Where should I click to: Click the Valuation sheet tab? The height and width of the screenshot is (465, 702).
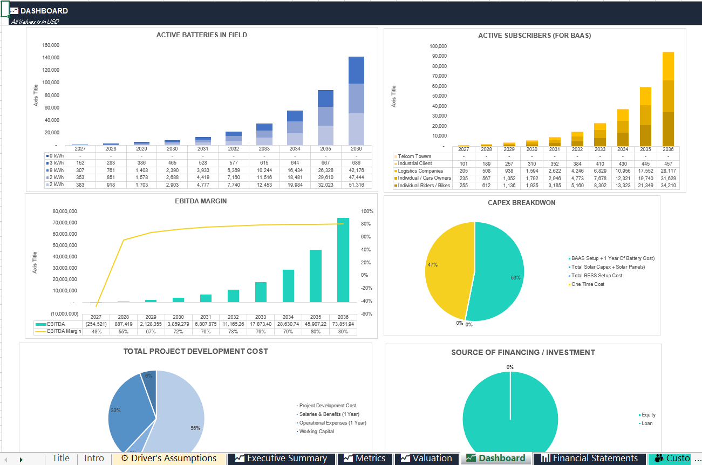[427, 459]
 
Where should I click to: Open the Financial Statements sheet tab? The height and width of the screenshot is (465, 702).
[589, 459]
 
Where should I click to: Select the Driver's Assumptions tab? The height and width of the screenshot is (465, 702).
[169, 459]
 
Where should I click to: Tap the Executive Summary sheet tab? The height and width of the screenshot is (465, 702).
[281, 459]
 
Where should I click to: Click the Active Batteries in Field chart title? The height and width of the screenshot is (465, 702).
[201, 35]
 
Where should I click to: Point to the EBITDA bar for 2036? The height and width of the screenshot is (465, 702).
[343, 260]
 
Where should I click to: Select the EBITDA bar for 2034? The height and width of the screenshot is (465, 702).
[288, 286]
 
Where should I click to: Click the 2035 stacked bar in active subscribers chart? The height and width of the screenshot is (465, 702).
[645, 117]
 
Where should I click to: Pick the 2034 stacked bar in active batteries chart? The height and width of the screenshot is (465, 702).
[295, 128]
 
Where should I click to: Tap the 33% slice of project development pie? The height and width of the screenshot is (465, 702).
[128, 411]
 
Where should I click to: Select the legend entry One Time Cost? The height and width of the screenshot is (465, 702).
[588, 284]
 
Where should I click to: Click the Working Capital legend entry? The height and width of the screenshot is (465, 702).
[316, 432]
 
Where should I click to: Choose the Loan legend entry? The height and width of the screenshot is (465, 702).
[646, 423]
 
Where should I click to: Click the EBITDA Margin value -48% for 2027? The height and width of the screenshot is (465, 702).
[96, 332]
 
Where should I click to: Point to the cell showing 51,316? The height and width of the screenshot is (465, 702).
[356, 185]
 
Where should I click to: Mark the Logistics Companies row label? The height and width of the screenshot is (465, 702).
[420, 171]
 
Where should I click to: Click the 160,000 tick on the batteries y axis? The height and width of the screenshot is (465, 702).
[51, 45]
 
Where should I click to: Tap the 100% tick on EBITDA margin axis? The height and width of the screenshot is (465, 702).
[367, 211]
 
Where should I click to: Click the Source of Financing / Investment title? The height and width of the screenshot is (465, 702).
[523, 352]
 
